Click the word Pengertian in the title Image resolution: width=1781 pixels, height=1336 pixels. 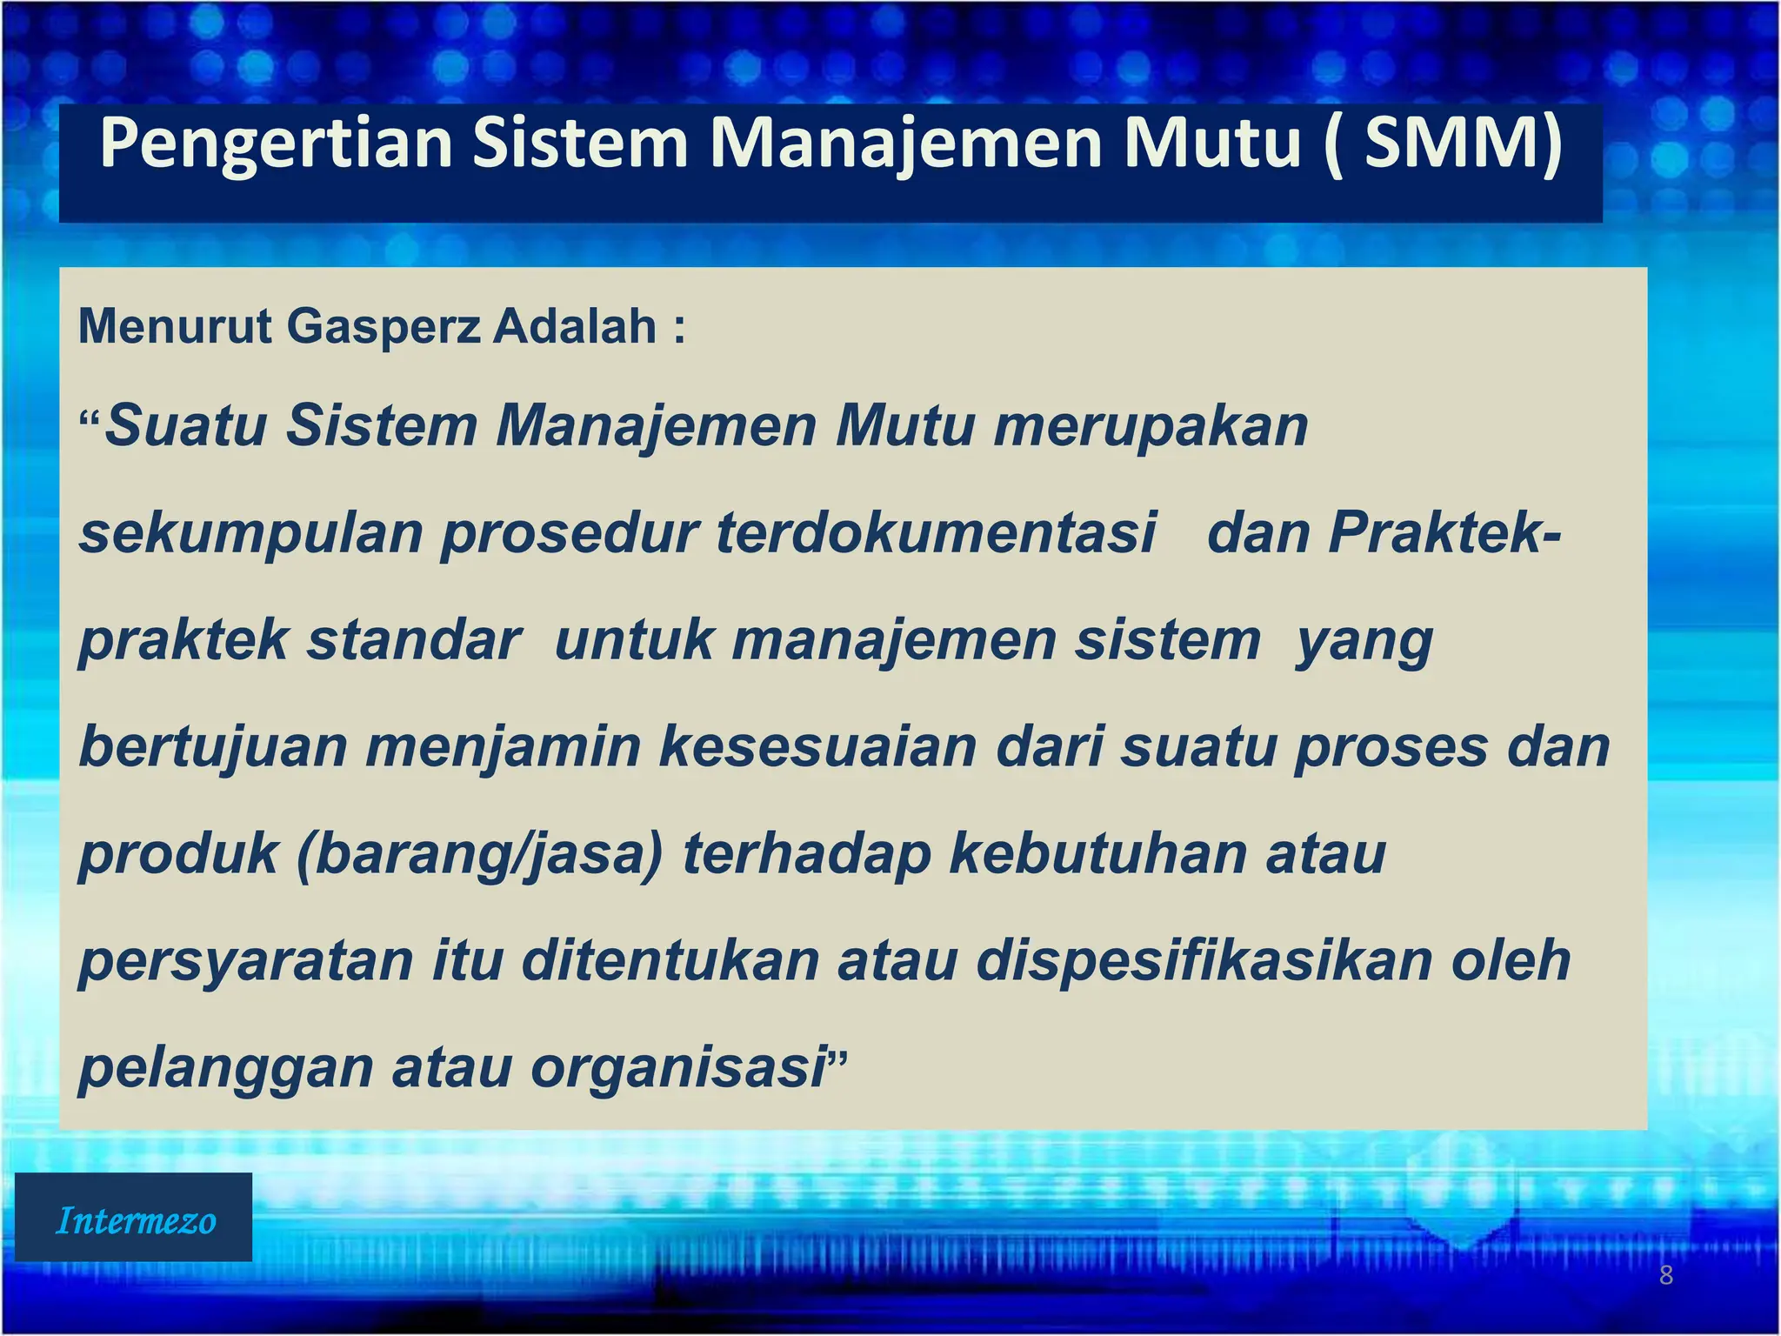pos(276,144)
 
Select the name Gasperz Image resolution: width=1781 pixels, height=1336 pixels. pos(384,327)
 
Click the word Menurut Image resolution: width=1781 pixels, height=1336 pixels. pos(175,327)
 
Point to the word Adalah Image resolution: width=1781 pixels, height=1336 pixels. pos(575,327)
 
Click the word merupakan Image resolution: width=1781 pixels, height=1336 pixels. pos(1151,426)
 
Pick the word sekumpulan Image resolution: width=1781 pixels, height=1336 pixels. pos(250,534)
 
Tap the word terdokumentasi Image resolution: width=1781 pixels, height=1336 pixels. pos(937,532)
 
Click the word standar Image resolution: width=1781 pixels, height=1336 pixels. pos(413,640)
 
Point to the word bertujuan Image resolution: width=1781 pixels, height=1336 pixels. pos(213,748)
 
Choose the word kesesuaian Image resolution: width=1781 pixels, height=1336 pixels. pos(817,748)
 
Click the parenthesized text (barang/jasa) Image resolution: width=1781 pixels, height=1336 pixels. pos(480,855)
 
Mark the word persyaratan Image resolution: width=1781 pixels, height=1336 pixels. pos(246,962)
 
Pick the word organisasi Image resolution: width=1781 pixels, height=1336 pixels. pos(678,1068)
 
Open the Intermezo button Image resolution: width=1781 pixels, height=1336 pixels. pos(134,1218)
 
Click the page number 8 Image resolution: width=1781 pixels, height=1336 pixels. pos(1666,1276)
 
